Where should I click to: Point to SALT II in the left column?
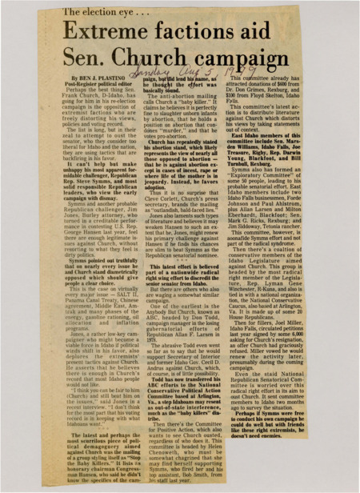point(102,282)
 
